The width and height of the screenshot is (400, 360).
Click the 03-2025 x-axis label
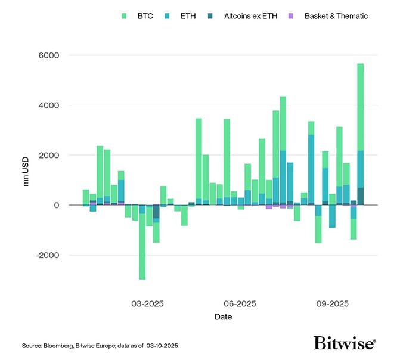click(147, 303)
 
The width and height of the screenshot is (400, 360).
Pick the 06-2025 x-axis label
click(239, 303)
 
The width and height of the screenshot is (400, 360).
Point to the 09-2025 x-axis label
click(331, 303)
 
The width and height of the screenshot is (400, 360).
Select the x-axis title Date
click(223, 317)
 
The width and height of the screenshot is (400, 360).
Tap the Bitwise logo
click(345, 343)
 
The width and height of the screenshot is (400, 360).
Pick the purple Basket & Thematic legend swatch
click(293, 16)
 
